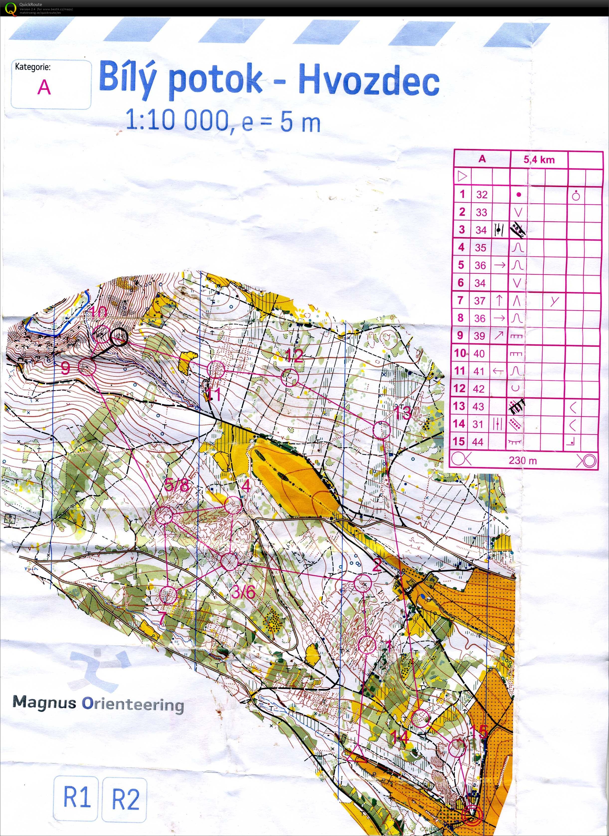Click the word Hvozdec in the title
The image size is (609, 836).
click(x=369, y=79)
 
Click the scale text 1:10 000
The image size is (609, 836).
click(x=177, y=121)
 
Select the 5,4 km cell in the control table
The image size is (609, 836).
click(x=539, y=160)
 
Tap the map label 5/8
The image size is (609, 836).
click(x=176, y=485)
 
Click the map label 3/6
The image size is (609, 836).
click(x=243, y=592)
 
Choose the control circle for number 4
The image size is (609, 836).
click(x=233, y=505)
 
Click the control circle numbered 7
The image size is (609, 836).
click(x=168, y=595)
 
